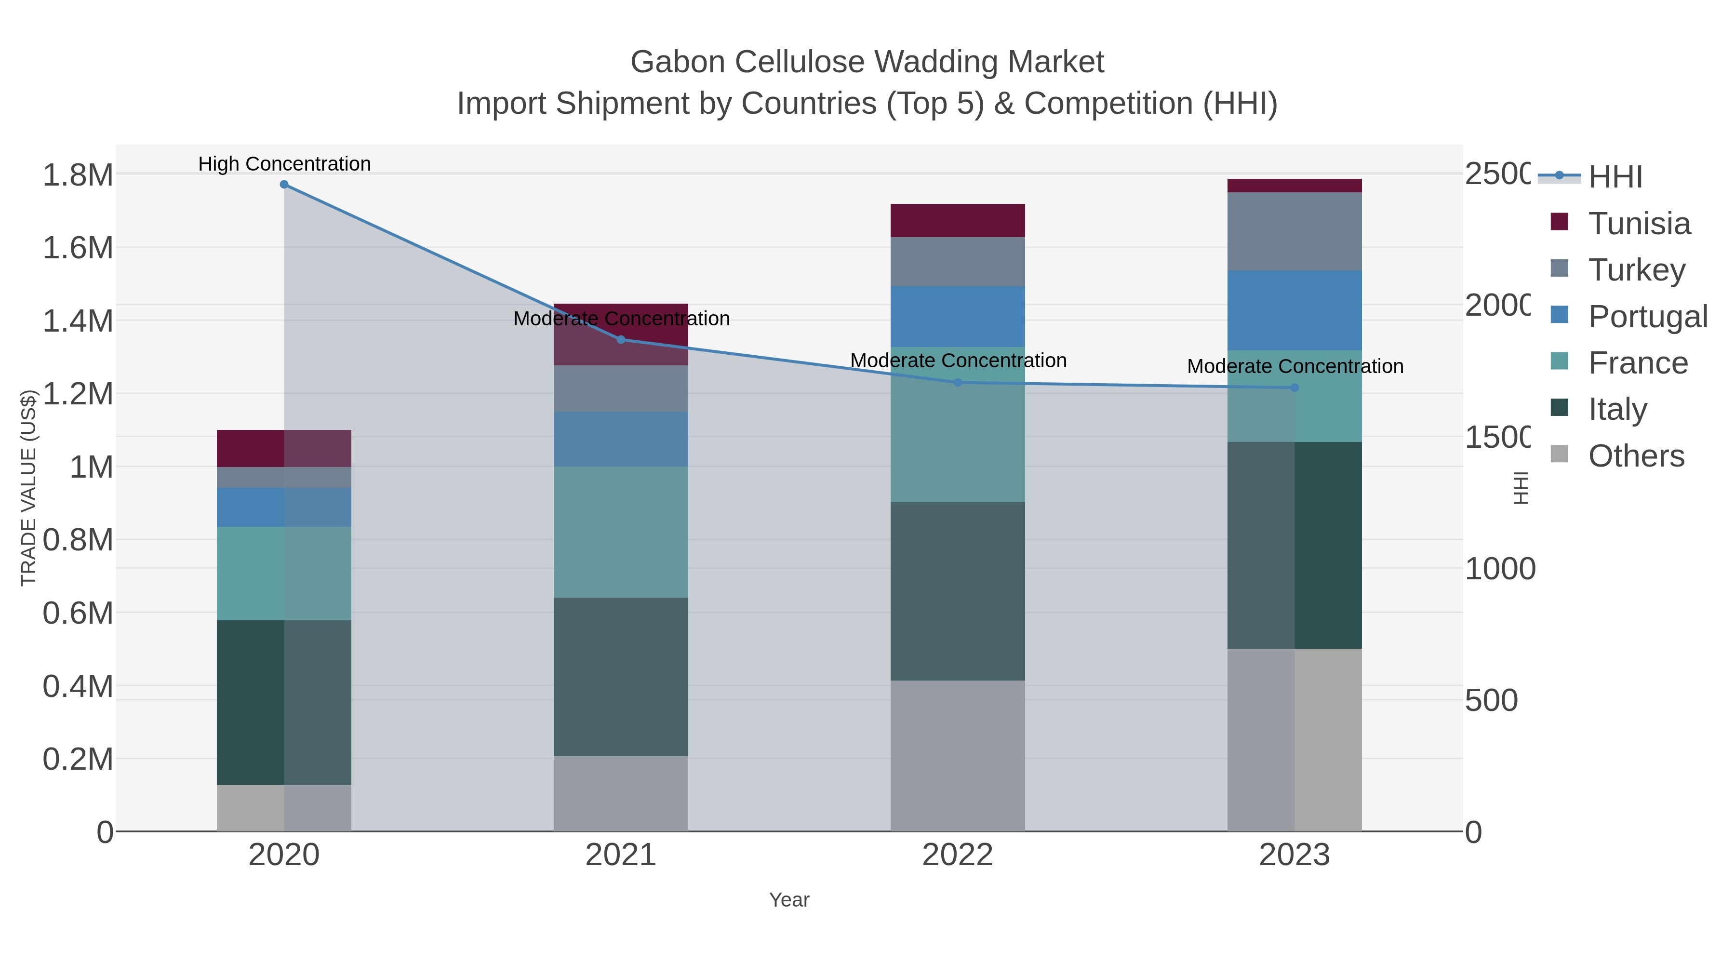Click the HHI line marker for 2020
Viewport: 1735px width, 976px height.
pos(284,185)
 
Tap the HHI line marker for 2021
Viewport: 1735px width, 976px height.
pos(621,339)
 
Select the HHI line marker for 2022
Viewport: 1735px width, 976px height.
pos(958,383)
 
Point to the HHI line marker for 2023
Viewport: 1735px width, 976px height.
pos(1294,388)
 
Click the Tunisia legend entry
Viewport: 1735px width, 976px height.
pos(1638,224)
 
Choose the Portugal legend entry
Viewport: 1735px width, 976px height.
pos(1647,317)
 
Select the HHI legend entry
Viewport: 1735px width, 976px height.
pos(1615,177)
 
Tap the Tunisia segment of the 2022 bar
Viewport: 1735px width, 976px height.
pos(958,220)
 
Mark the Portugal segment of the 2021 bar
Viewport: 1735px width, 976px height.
pos(621,439)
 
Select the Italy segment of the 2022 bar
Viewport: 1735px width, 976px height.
pos(958,591)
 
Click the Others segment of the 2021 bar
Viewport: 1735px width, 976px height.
pos(621,793)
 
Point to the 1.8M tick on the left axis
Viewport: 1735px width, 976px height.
pos(78,175)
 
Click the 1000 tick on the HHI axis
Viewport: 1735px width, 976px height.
pos(1499,569)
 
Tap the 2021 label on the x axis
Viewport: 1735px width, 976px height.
pos(621,856)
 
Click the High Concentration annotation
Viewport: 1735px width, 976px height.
pos(284,164)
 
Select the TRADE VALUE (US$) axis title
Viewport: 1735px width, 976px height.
pos(28,488)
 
